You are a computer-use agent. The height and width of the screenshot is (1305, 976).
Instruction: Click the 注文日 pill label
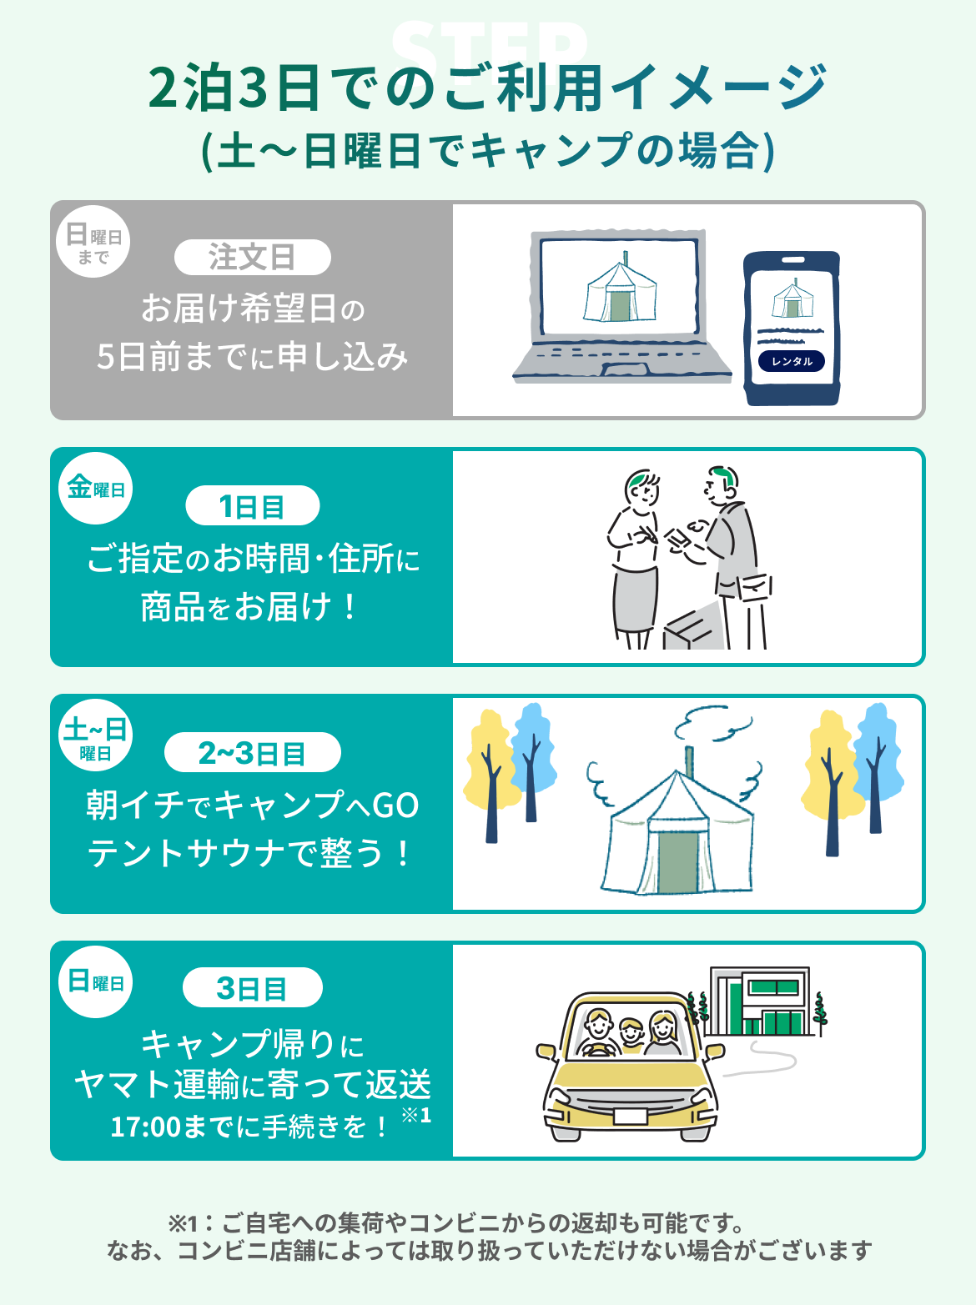click(x=252, y=257)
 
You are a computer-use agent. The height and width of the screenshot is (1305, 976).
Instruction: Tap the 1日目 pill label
click(x=252, y=505)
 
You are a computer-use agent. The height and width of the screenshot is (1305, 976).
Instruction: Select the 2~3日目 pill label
click(x=252, y=752)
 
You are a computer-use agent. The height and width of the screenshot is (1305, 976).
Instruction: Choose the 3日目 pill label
click(x=252, y=987)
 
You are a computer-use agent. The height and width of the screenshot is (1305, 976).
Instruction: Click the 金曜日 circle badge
click(x=95, y=488)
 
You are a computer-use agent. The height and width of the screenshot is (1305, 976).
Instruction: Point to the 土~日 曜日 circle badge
click(x=95, y=735)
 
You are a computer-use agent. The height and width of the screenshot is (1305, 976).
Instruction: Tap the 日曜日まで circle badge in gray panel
click(x=93, y=241)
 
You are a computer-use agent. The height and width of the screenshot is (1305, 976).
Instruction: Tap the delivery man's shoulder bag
click(x=754, y=587)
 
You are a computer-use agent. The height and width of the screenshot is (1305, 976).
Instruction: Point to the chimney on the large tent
click(x=689, y=762)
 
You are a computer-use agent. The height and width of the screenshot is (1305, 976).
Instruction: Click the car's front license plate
click(x=630, y=1116)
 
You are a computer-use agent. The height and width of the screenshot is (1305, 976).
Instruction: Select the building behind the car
click(x=759, y=1001)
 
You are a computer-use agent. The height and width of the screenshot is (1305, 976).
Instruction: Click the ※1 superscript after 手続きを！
click(x=415, y=1115)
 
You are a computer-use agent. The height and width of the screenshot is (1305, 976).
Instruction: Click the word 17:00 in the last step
click(x=145, y=1127)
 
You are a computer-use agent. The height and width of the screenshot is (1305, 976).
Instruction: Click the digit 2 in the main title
click(x=164, y=88)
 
